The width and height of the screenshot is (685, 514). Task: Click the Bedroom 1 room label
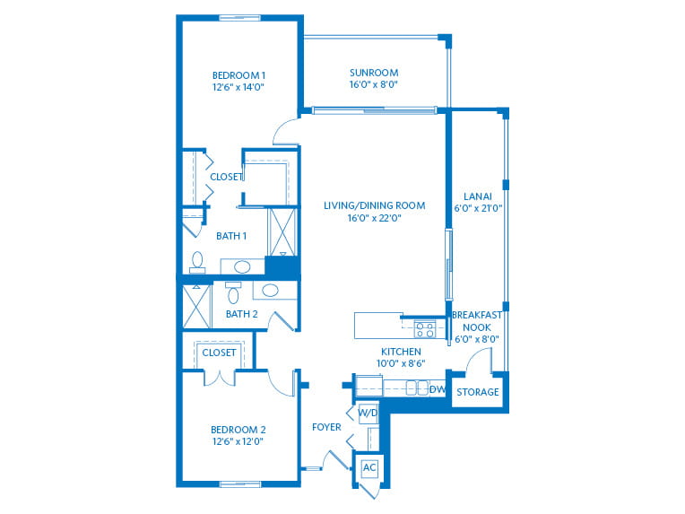pyautogui.click(x=239, y=75)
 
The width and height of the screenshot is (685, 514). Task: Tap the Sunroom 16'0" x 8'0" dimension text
pyautogui.click(x=374, y=84)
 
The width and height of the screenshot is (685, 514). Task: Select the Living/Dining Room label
pyautogui.click(x=375, y=205)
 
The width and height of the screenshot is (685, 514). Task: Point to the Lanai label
pyautogui.click(x=478, y=196)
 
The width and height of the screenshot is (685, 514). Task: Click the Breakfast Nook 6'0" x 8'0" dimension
pyautogui.click(x=477, y=339)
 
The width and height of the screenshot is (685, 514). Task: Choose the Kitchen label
pyautogui.click(x=401, y=352)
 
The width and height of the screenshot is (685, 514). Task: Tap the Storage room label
pyautogui.click(x=478, y=392)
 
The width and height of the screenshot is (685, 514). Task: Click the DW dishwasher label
pyautogui.click(x=437, y=389)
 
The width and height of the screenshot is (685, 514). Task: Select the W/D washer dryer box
pyautogui.click(x=368, y=413)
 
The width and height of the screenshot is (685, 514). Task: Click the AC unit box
pyautogui.click(x=369, y=467)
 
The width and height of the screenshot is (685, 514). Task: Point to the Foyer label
pyautogui.click(x=326, y=427)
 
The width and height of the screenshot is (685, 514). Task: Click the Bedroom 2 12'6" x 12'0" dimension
pyautogui.click(x=238, y=441)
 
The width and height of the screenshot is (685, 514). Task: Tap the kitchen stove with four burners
pyautogui.click(x=425, y=329)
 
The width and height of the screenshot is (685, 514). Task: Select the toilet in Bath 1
pyautogui.click(x=197, y=262)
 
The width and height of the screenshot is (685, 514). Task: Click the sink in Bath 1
pyautogui.click(x=242, y=266)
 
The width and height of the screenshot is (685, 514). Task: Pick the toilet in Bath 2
pyautogui.click(x=233, y=292)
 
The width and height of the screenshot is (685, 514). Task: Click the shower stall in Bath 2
pyautogui.click(x=196, y=306)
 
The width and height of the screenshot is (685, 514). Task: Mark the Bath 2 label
pyautogui.click(x=241, y=314)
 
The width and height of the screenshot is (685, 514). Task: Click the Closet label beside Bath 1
pyautogui.click(x=226, y=177)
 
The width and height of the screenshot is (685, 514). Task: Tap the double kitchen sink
pyautogui.click(x=417, y=388)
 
